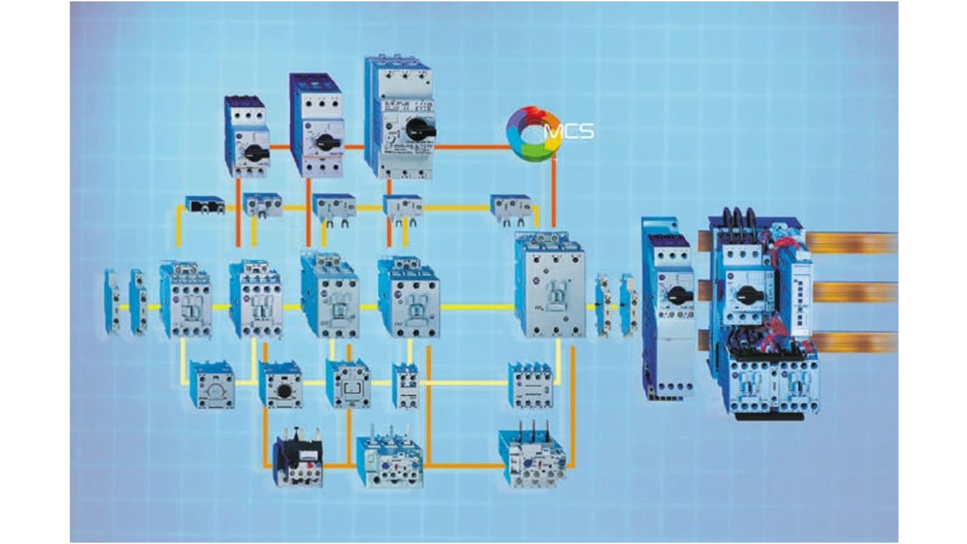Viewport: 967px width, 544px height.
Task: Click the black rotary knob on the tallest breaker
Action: pyautogui.click(x=415, y=128)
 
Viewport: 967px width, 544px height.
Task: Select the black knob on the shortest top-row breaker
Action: pyautogui.click(x=256, y=153)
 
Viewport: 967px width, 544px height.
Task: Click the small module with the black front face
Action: pyautogui.click(x=204, y=204)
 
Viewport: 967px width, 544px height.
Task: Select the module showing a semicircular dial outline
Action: pyautogui.click(x=212, y=386)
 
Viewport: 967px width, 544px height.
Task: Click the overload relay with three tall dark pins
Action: pyautogui.click(x=532, y=457)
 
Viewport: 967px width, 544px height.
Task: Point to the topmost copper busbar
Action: pyautogui.click(x=851, y=243)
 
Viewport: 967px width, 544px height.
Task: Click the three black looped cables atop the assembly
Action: pyautogui.click(x=740, y=226)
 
